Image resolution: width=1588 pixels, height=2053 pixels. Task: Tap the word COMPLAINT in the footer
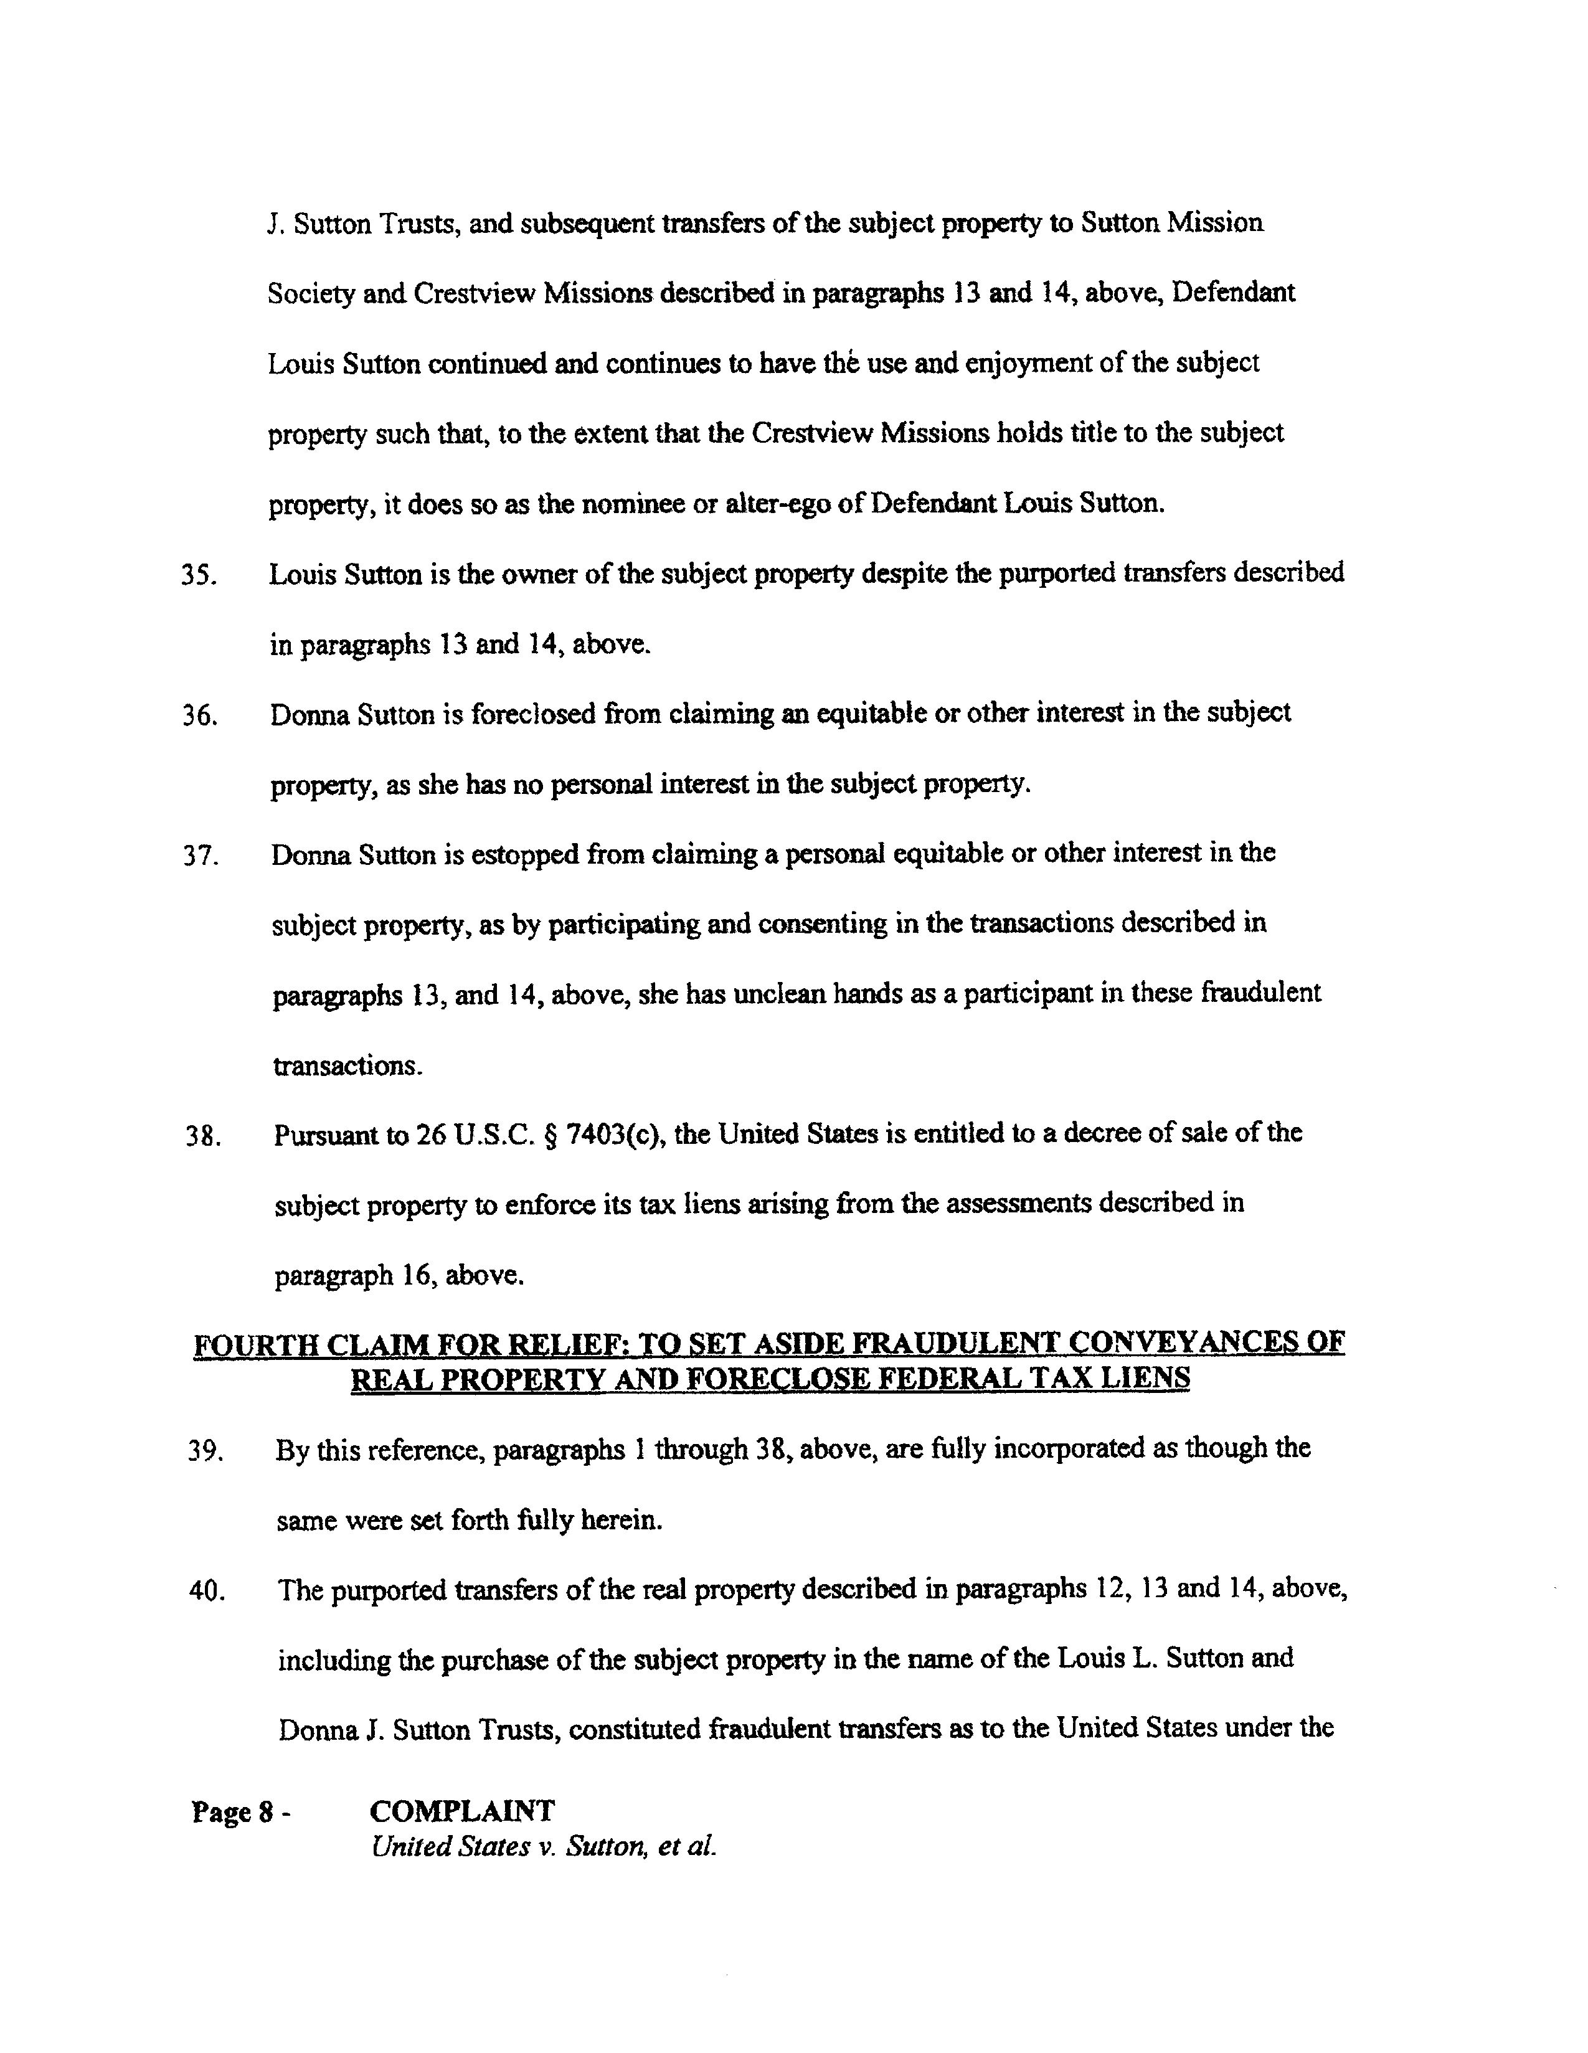tap(461, 1811)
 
